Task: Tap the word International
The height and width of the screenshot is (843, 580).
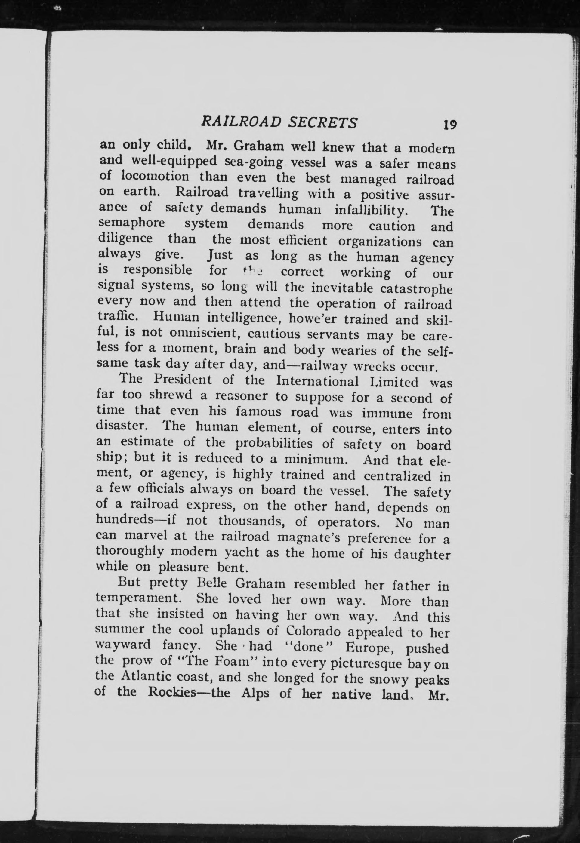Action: tap(317, 382)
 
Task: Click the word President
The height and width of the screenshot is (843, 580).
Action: tap(182, 380)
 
